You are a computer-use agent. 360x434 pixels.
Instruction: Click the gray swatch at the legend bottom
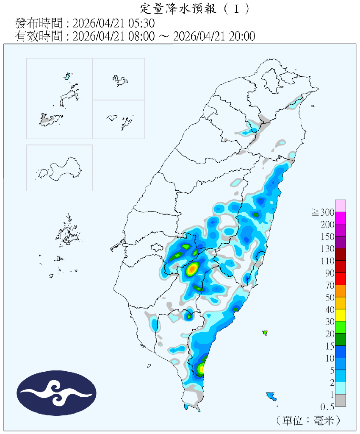tap(341, 401)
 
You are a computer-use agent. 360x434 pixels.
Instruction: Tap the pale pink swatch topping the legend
tap(341, 206)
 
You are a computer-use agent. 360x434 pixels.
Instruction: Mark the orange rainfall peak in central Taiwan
tap(193, 268)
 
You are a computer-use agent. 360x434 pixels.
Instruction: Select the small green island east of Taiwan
tap(266, 333)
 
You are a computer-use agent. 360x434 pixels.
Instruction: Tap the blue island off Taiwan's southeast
tap(271, 397)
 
